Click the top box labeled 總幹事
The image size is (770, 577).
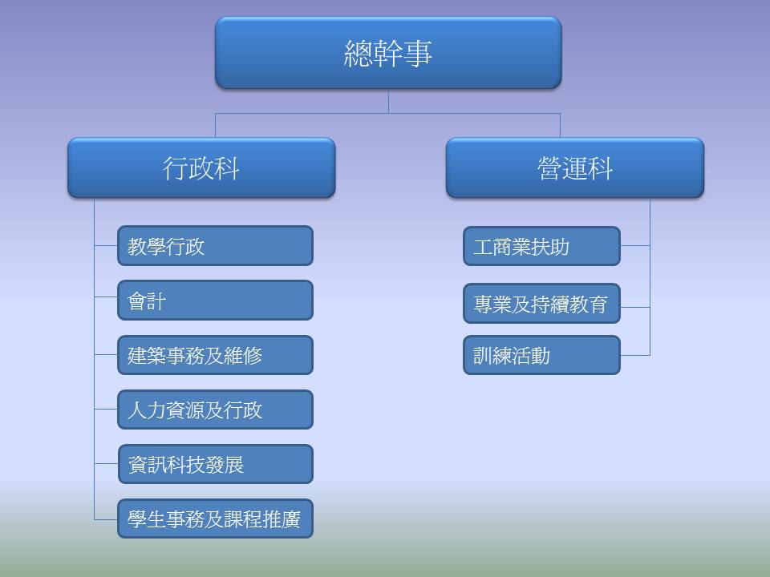(388, 53)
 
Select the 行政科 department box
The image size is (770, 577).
(201, 167)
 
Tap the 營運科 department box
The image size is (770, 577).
(575, 167)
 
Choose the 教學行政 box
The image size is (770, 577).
(215, 246)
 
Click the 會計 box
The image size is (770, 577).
(215, 301)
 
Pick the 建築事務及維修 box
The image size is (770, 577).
(215, 355)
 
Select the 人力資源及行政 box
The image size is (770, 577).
(215, 410)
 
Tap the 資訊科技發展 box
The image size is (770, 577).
(215, 464)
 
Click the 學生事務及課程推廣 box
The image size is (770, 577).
(215, 518)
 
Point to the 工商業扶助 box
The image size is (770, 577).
(541, 246)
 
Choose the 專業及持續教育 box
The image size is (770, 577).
(541, 303)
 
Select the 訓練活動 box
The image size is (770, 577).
(541, 355)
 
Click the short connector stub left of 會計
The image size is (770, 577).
(106, 297)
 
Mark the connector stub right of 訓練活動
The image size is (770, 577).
(635, 355)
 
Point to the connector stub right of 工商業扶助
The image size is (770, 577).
(635, 245)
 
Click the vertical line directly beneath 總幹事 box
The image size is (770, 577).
(388, 101)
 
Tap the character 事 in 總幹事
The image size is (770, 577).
(419, 53)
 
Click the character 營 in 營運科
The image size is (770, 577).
(550, 168)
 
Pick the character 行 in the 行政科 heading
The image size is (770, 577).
(176, 168)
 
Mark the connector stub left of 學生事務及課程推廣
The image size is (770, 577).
(106, 519)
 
